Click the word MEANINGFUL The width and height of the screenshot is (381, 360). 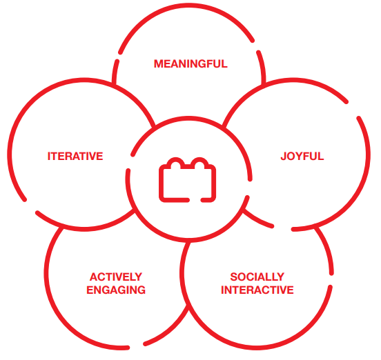click(190, 64)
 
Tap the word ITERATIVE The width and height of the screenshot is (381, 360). click(75, 156)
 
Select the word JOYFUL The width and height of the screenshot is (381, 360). click(302, 156)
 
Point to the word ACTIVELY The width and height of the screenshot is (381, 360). click(116, 277)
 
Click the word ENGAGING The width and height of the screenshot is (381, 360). click(116, 290)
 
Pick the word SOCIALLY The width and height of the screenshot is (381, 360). click(257, 277)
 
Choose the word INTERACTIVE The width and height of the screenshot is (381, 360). click(257, 290)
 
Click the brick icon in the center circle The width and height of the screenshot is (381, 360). click(187, 180)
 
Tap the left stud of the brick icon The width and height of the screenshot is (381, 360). click(176, 163)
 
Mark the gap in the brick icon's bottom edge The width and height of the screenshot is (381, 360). click(195, 200)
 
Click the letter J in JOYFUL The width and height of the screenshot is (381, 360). click(284, 156)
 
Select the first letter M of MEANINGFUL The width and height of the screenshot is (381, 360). click(159, 64)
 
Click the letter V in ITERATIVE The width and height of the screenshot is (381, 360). click(92, 156)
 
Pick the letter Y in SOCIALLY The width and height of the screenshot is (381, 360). click(281, 277)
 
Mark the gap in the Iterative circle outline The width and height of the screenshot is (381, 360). click(30, 206)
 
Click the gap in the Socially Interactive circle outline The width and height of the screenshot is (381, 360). click(331, 280)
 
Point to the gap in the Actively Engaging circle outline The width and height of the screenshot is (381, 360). click(136, 346)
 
